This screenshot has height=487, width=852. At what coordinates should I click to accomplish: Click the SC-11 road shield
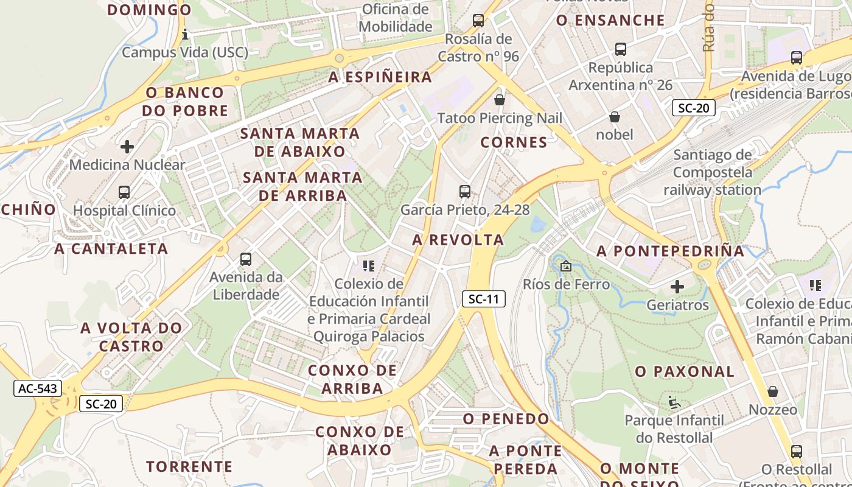click(484, 299)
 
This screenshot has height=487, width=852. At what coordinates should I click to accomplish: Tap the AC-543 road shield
click(38, 388)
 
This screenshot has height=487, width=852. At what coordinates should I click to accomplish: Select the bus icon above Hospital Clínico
click(124, 192)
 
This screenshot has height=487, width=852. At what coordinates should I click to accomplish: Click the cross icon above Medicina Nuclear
click(127, 147)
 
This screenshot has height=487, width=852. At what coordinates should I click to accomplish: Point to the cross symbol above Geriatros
click(677, 286)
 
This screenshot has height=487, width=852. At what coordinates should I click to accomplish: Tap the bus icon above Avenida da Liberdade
click(246, 259)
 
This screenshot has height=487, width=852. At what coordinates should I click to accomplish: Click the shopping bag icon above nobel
click(615, 117)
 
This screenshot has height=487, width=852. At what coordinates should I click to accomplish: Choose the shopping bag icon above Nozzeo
click(772, 391)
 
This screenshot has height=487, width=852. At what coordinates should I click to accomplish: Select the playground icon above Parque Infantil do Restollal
click(674, 402)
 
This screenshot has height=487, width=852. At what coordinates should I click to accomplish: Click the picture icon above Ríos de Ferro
click(566, 266)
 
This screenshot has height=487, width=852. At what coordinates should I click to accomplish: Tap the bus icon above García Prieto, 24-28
click(465, 192)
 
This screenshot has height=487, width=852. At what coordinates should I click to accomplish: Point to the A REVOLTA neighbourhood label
click(458, 240)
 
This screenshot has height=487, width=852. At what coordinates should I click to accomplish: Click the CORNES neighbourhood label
click(514, 142)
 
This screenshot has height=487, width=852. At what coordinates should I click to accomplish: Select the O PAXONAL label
click(685, 371)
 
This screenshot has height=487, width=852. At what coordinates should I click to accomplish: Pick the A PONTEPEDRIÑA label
click(670, 251)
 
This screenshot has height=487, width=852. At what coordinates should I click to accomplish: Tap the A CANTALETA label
click(111, 248)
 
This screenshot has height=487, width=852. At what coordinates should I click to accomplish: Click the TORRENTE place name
click(189, 467)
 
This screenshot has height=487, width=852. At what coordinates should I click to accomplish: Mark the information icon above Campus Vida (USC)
click(185, 34)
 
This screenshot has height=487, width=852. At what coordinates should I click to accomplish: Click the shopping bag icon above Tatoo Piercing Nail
click(500, 100)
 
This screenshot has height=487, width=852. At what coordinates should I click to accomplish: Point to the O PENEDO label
click(506, 419)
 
